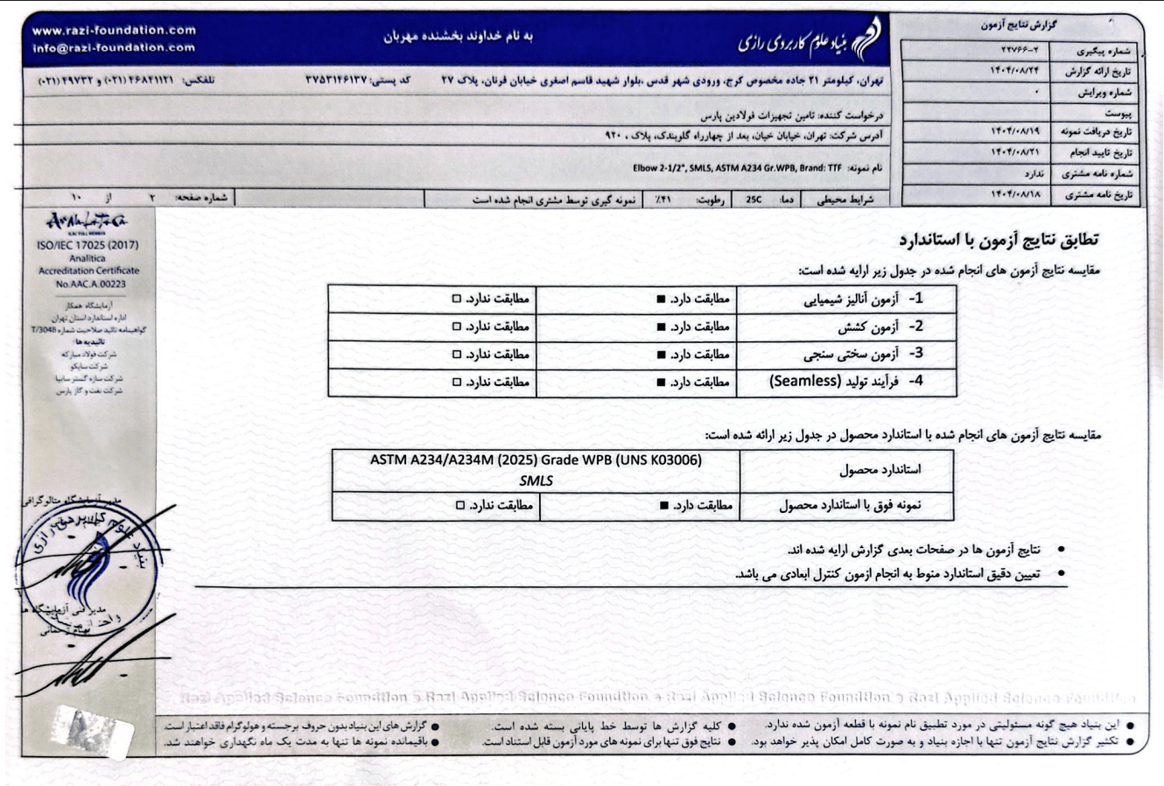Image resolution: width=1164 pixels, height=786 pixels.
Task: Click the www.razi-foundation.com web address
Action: (114, 31)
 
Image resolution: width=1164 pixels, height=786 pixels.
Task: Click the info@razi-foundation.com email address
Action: (114, 47)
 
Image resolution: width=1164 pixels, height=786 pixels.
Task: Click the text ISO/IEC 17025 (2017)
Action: (88, 246)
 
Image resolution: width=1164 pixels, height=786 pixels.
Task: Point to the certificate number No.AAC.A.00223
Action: (90, 284)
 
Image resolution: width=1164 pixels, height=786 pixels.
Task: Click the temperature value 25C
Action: (754, 200)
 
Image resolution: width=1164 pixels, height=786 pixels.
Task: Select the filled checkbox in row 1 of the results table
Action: (662, 299)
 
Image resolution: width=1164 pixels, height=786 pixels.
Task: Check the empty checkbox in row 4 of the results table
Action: (456, 382)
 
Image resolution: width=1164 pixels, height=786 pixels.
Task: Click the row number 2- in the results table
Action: (915, 326)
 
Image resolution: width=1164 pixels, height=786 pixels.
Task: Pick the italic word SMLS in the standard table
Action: (536, 481)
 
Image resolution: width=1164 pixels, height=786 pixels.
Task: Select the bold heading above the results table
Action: (999, 239)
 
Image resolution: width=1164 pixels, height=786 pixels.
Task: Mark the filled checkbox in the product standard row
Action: (664, 506)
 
